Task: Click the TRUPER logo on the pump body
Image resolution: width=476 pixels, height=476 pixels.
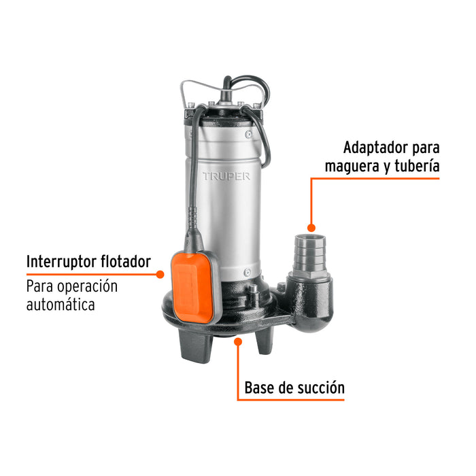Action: click(x=226, y=176)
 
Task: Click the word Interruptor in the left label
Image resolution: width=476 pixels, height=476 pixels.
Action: click(x=64, y=262)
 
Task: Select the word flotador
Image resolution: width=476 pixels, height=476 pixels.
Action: click(x=127, y=262)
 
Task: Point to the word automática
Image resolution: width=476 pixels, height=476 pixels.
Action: click(x=61, y=305)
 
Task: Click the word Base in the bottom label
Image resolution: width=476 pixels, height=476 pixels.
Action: click(x=260, y=388)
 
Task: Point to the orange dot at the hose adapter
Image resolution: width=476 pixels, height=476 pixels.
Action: click(x=311, y=228)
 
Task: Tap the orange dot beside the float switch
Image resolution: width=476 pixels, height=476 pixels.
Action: click(x=160, y=275)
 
